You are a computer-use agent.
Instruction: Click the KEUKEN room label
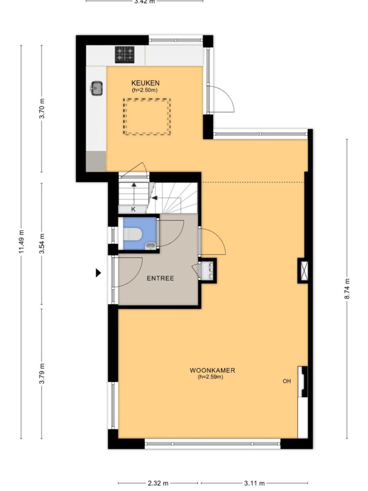coord(145,83)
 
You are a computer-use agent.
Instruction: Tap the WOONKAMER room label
coord(212,370)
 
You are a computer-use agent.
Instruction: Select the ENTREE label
coord(160,278)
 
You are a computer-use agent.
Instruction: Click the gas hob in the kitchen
coord(125,54)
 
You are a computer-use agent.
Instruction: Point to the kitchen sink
coord(97,88)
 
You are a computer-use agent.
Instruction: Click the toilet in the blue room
coord(133,234)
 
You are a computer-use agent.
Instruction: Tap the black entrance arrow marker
coord(98,273)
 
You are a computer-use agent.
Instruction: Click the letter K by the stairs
coord(133,209)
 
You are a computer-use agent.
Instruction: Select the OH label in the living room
coord(287,381)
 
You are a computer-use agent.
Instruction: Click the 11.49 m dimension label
coord(21,242)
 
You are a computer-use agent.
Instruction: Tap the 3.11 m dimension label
coord(254,483)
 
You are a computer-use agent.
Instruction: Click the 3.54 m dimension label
coord(42,243)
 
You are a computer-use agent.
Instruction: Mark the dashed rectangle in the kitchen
coord(147,99)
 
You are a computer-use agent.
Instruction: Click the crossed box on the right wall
coord(303,270)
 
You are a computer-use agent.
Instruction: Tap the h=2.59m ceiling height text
coord(210,377)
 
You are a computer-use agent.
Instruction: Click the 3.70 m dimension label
coord(42,108)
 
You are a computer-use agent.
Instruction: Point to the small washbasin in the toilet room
coord(150,246)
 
